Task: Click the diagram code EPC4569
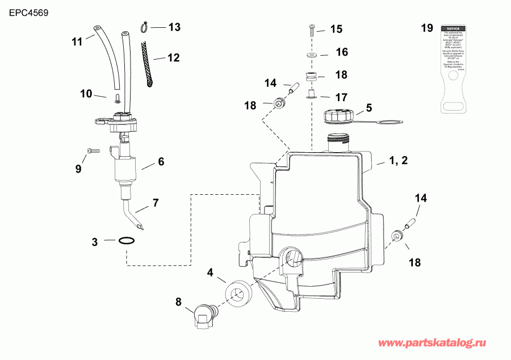tap(24, 11)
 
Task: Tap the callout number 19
tap(426, 28)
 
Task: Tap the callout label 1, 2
tap(398, 161)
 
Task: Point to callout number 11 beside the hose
tap(77, 41)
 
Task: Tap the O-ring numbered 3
tap(128, 241)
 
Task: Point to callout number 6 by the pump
tap(161, 161)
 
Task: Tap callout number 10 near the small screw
tap(86, 94)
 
